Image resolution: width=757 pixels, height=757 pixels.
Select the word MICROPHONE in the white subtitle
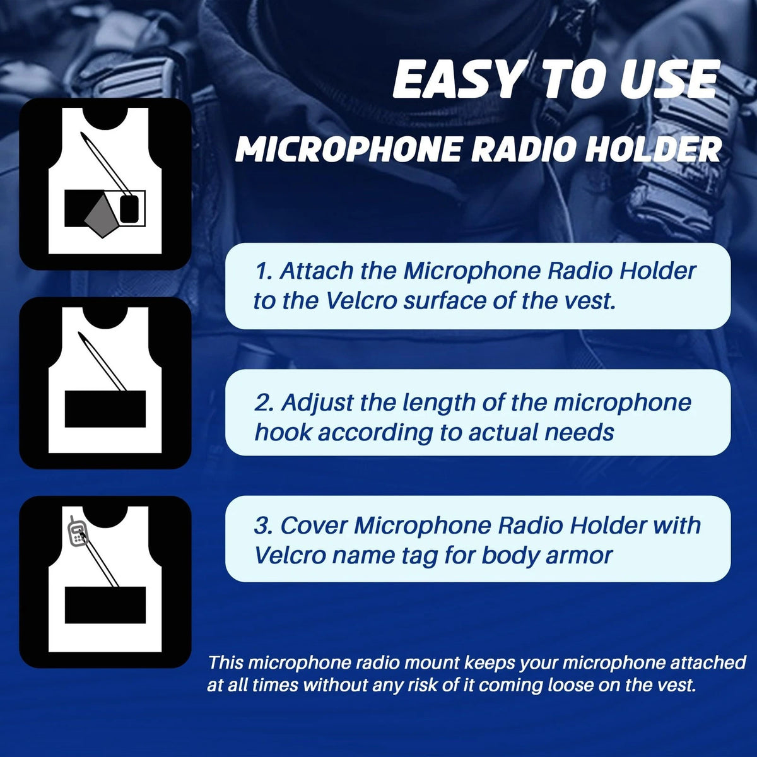[x=348, y=150]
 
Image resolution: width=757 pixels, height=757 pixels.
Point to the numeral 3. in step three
[x=264, y=526]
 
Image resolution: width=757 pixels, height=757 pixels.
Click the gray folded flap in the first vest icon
[x=102, y=216]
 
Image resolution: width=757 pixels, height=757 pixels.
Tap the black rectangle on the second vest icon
[x=105, y=409]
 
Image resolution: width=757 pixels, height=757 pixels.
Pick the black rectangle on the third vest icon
[x=105, y=605]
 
